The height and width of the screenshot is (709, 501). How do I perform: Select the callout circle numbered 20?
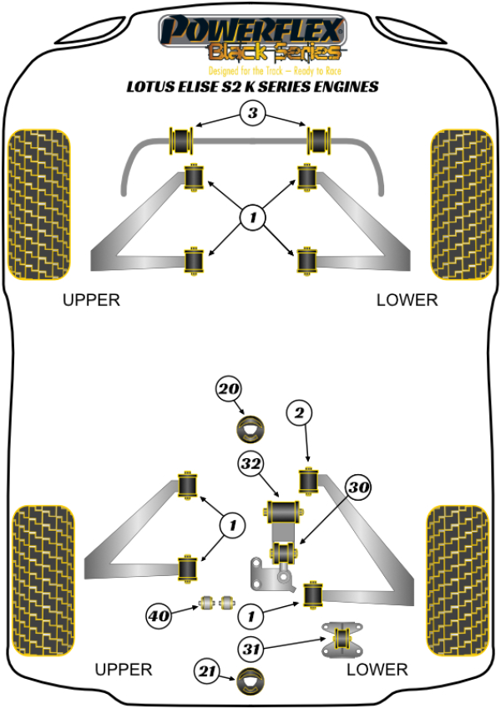coord(228,389)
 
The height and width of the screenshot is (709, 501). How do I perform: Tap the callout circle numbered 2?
coord(301,412)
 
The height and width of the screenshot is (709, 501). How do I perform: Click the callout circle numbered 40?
coord(159,617)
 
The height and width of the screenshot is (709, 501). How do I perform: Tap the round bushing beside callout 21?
coord(250,681)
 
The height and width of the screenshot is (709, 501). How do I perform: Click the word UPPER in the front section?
coord(92,300)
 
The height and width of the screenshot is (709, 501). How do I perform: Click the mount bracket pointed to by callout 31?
coord(341,639)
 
